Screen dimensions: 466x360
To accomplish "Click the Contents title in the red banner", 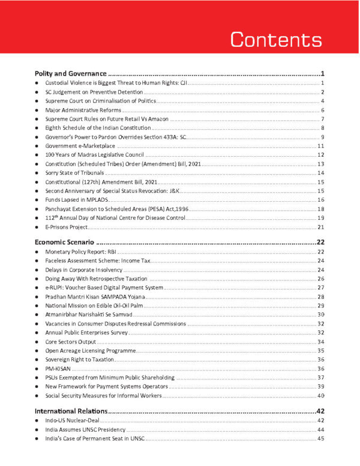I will tap(276, 39).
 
